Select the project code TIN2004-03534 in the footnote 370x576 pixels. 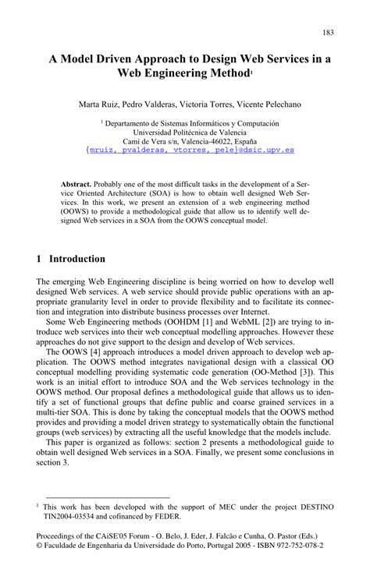point(75,514)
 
